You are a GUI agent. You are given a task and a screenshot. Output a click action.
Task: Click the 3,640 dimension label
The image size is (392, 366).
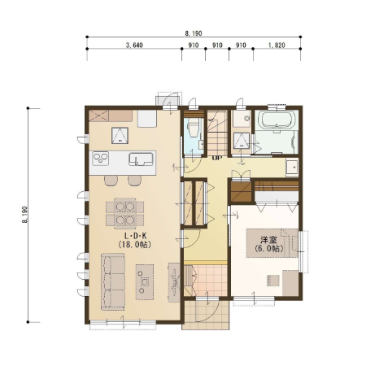[134, 45]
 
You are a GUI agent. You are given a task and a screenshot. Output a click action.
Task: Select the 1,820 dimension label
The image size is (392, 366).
[277, 45]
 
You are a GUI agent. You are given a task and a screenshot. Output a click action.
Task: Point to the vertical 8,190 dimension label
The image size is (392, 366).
[24, 215]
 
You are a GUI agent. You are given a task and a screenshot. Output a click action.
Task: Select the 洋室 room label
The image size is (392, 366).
[268, 240]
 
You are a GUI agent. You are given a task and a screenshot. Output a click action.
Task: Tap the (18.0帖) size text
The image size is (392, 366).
[134, 245]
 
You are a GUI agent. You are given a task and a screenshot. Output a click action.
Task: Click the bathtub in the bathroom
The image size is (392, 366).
[277, 120]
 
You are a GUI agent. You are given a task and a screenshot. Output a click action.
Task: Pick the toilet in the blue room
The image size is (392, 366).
[194, 129]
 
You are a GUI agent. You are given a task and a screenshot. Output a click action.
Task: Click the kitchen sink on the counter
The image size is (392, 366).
[141, 159]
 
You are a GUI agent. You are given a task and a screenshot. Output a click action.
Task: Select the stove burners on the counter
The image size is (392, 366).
[100, 159]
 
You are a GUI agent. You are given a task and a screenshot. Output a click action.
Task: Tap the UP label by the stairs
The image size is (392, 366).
[217, 158]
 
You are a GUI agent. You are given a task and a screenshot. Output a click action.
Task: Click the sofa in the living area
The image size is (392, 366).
[113, 281]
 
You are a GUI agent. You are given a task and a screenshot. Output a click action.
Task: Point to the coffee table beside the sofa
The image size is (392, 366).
[145, 282]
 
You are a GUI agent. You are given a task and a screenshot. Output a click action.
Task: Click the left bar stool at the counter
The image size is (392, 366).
[111, 181]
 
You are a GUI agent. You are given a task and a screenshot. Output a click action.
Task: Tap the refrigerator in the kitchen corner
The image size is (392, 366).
[147, 119]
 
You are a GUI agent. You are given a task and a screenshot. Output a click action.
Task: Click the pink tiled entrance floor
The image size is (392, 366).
[210, 281]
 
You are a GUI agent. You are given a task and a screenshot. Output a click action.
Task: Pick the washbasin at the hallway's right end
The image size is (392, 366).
[292, 167]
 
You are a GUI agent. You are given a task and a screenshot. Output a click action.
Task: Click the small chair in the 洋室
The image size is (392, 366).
[273, 281]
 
